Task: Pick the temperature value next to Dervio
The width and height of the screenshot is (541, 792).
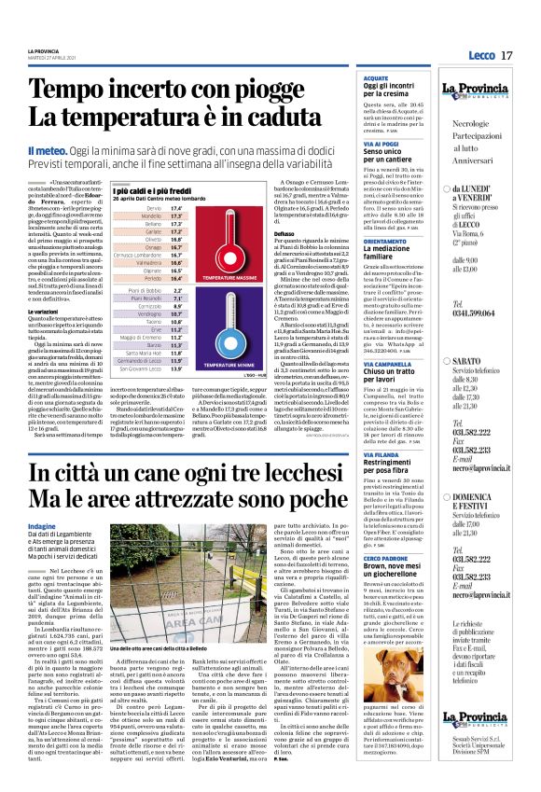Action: pos(176,207)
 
